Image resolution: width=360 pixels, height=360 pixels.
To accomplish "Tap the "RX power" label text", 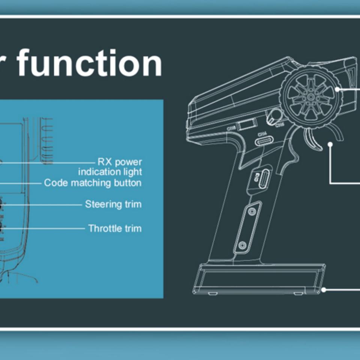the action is (120, 162).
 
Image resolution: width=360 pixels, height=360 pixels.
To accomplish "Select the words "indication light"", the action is (110, 172).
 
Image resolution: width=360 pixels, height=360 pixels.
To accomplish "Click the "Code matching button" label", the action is (93, 183).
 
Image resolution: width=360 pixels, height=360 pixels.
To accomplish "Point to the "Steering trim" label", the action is (113, 204).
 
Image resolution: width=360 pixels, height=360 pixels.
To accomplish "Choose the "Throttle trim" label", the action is (115, 228).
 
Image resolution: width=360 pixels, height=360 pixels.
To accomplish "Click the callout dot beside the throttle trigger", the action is (330, 144).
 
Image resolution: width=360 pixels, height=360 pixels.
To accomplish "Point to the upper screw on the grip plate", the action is (252, 211).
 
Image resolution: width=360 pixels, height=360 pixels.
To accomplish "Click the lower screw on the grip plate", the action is (242, 246).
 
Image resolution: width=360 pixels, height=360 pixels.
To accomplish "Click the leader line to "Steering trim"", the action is (45, 205).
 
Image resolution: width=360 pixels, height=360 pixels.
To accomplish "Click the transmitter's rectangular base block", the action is (259, 279).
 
